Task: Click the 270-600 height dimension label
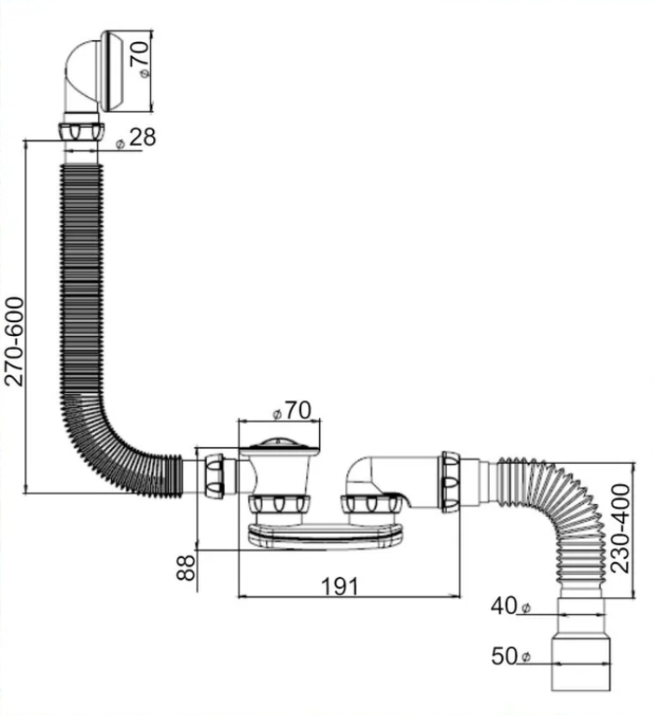tap(14, 341)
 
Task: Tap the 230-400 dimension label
tap(620, 528)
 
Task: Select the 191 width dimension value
tap(340, 586)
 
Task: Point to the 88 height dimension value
tap(186, 568)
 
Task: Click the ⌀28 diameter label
tap(136, 137)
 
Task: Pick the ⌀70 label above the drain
tap(292, 411)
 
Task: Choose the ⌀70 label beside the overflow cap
tap(139, 60)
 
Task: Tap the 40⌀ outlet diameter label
tap(511, 607)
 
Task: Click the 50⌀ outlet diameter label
tap(511, 656)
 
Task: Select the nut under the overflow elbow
tap(81, 132)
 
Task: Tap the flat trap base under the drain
tap(326, 536)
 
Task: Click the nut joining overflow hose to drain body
tap(214, 475)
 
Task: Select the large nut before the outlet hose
tap(450, 482)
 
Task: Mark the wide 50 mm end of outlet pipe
tap(581, 660)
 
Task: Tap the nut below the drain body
tap(279, 504)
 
